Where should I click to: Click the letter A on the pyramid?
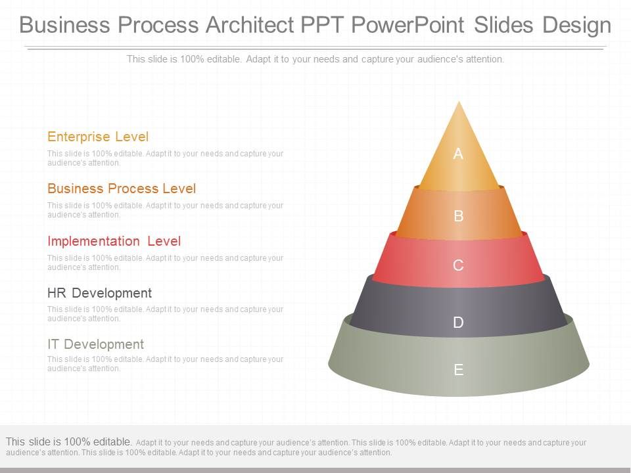tap(458, 154)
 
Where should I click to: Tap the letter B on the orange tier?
tap(459, 215)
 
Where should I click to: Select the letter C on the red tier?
tap(459, 265)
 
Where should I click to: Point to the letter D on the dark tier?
tap(459, 322)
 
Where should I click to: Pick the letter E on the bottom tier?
tap(459, 370)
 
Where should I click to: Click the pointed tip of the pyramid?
tap(459, 102)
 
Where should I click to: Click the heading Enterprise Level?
tap(98, 137)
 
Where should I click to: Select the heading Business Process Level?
tap(122, 189)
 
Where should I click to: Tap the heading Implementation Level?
tap(114, 241)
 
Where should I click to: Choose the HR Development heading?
tap(99, 292)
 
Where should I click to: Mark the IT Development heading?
tap(95, 344)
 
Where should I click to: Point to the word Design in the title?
tap(576, 25)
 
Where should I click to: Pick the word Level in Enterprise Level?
tap(132, 137)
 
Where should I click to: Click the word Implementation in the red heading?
tap(93, 241)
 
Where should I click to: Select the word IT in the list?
tap(53, 344)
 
